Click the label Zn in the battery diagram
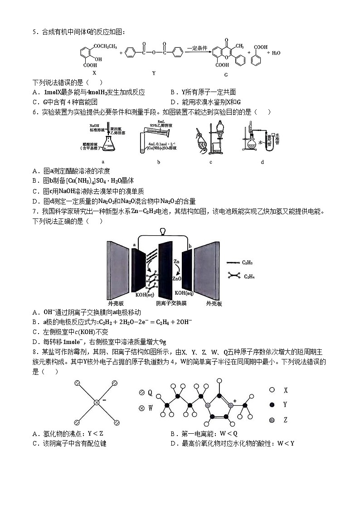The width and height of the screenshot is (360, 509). click(176, 262)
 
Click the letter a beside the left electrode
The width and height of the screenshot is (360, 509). click(134, 245)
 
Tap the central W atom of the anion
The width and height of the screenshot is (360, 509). click(96, 402)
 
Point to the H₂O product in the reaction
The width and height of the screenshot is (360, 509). click(276, 53)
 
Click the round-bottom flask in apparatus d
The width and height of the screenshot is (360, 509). click(251, 145)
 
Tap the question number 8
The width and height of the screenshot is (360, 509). click(34, 352)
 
